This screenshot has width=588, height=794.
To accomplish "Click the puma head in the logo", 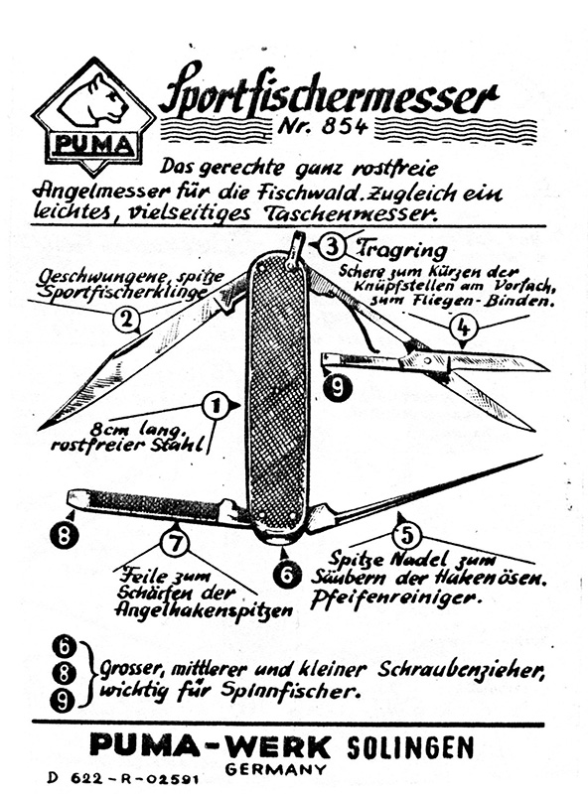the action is [94, 101].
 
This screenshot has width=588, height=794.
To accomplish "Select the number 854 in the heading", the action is [345, 126].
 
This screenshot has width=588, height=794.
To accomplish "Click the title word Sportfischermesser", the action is [329, 93].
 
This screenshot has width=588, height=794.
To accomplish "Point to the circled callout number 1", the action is [216, 406].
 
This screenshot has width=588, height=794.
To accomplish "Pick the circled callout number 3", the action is [332, 247].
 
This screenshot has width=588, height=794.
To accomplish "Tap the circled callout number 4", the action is [463, 329].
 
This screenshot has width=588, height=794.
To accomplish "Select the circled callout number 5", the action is [407, 536].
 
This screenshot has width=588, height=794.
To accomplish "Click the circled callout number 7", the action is [175, 543].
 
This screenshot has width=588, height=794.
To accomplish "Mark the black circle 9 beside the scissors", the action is [337, 388].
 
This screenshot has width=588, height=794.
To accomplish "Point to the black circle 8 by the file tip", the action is [65, 535].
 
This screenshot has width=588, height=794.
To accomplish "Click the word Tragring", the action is [401, 250].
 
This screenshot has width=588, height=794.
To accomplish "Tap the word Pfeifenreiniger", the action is [395, 598].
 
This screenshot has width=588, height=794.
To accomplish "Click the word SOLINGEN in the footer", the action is [410, 747].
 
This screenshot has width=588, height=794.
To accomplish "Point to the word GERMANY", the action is [276, 769].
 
